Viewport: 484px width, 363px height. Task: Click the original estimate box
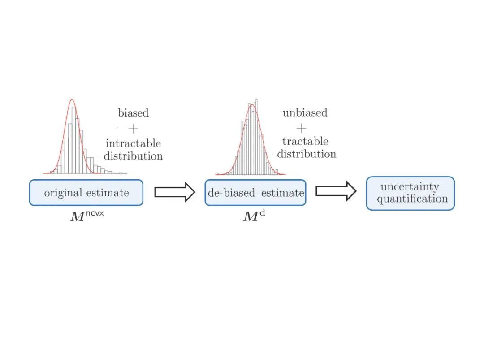point(86,193)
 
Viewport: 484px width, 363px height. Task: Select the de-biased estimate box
point(255,193)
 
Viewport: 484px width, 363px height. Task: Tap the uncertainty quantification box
point(410,193)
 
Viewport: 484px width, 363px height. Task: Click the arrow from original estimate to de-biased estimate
point(174,192)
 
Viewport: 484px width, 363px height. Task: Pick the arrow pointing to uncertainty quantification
point(336,191)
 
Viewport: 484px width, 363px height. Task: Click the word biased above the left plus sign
point(133,113)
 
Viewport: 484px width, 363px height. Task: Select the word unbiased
point(305,112)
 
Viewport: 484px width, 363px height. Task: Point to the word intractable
point(133,144)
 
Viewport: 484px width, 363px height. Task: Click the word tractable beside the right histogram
point(305,142)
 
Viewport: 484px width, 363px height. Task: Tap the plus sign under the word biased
point(133,129)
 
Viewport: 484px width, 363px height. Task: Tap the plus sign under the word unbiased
point(302,128)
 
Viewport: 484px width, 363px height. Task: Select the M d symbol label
point(254,216)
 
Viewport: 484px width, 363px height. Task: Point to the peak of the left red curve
point(72,99)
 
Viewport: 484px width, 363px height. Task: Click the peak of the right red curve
point(252,105)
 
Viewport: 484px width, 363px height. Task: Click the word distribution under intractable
point(133,156)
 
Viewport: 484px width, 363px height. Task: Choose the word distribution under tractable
point(307,154)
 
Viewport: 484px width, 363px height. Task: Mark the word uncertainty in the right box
point(410,187)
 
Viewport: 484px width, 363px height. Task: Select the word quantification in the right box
point(412,199)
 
